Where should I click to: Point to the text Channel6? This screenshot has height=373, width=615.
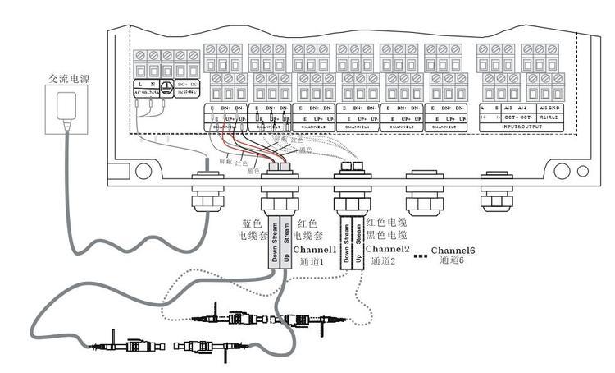pyautogui.click(x=458, y=249)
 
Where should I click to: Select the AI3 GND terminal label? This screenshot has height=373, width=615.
pyautogui.click(x=549, y=108)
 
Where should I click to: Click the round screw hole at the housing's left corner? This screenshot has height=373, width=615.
pyautogui.click(x=143, y=171)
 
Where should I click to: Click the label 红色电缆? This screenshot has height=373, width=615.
pyautogui.click(x=386, y=222)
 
